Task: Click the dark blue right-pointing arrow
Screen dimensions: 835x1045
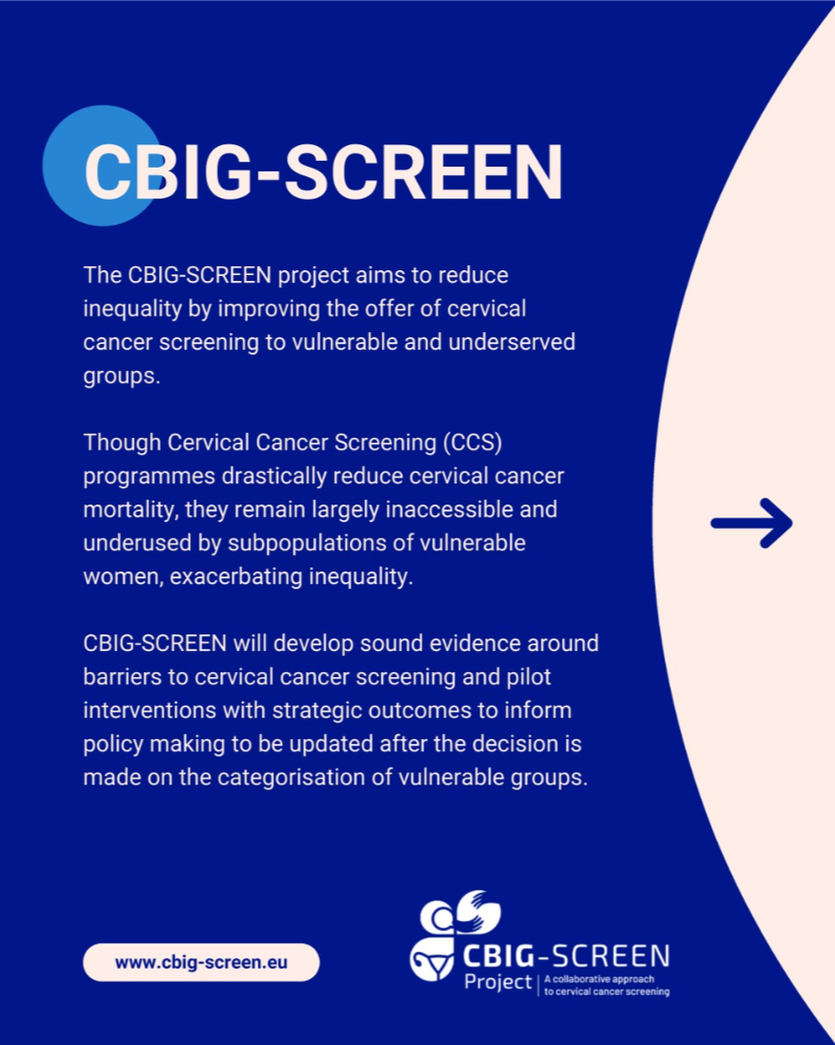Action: [x=752, y=523]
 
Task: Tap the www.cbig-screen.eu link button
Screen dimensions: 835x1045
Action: [x=201, y=963]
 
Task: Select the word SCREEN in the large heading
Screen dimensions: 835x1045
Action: [x=424, y=171]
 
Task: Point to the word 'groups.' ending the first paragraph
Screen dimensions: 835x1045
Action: [x=122, y=377]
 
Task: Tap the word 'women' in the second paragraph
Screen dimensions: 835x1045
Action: [x=123, y=577]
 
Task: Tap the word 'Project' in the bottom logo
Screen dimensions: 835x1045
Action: [x=498, y=982]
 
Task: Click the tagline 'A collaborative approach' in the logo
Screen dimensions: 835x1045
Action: [x=599, y=979]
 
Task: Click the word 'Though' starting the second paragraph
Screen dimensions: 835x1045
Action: [x=122, y=444]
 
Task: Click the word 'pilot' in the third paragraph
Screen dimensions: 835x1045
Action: [x=529, y=677]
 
